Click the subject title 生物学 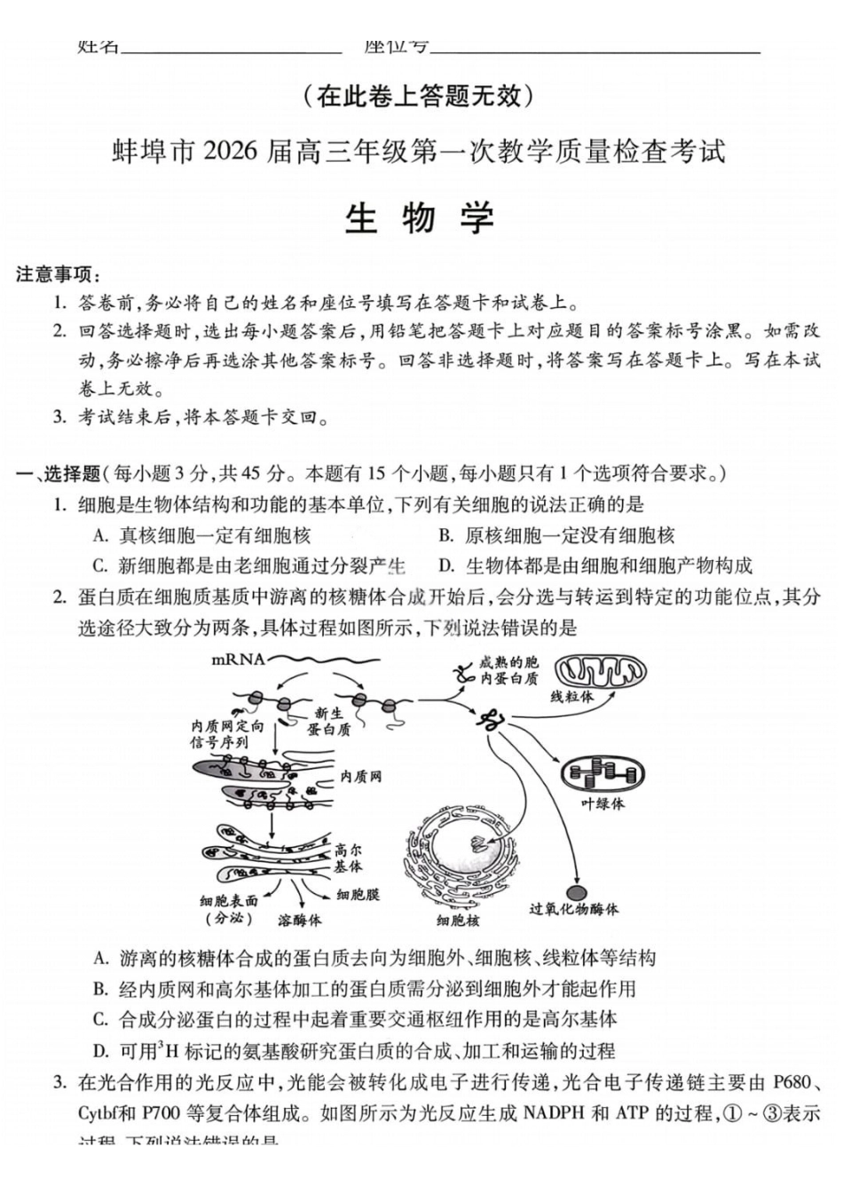tap(419, 218)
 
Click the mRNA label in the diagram tap(239, 659)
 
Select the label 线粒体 tap(571, 697)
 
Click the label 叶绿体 tap(603, 803)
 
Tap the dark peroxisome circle tap(576, 891)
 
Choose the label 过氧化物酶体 tap(573, 909)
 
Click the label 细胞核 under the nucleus tap(458, 921)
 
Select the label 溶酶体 tap(299, 921)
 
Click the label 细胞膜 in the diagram tap(358, 895)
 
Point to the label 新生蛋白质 tap(328, 721)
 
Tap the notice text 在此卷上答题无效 tap(419, 95)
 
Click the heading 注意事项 tap(58, 274)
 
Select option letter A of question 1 tap(101, 535)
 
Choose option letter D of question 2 tap(101, 1051)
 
